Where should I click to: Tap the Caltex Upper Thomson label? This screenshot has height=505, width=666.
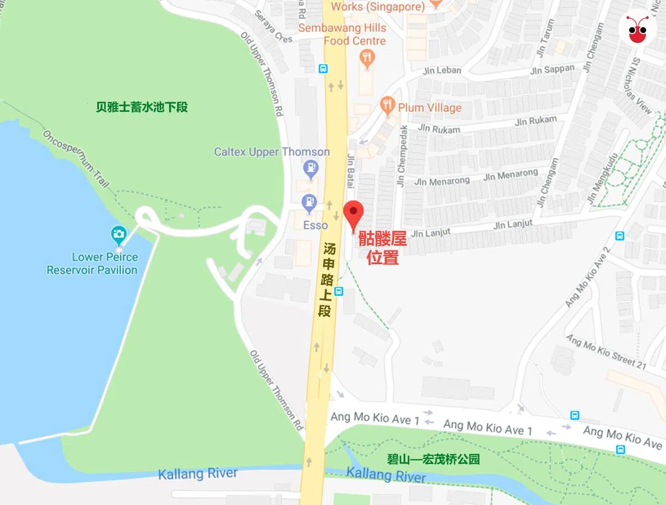(272, 152)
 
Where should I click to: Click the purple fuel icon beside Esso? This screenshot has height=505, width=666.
(308, 202)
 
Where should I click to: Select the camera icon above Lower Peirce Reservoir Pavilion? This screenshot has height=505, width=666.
(118, 234)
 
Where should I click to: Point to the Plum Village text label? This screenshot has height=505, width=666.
(429, 108)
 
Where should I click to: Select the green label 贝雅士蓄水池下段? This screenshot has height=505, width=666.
(142, 107)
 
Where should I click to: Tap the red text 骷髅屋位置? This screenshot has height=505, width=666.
(382, 248)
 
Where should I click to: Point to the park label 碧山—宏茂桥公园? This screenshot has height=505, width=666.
(433, 460)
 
